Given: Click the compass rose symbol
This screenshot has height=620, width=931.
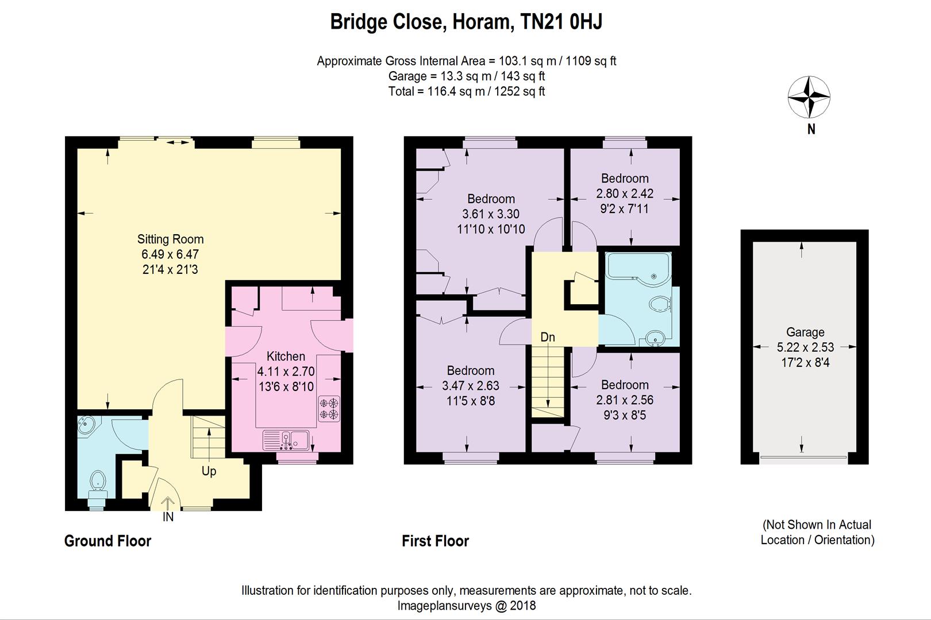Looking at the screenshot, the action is tap(809, 97).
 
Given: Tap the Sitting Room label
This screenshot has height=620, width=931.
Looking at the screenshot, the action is tap(171, 239).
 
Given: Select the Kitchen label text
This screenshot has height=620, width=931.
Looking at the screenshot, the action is tap(286, 356).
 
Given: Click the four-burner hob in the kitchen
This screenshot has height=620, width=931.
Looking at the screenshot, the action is tap(329, 409).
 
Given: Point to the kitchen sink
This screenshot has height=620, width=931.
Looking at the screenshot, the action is tap(286, 440).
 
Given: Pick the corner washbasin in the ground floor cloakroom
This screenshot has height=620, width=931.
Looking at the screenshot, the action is tap(88, 425).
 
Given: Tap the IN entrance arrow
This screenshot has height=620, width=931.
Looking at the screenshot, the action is tap(167, 503).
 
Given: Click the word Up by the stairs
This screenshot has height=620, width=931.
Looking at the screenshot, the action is tap(209, 471).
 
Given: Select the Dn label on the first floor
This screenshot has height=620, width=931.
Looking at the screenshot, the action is tap(547, 337).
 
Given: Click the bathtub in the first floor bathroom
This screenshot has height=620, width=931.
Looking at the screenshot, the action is tap(637, 269).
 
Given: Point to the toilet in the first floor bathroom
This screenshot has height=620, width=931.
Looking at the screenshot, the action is tap(660, 304).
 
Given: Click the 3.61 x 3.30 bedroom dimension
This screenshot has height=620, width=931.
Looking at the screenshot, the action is tap(491, 214).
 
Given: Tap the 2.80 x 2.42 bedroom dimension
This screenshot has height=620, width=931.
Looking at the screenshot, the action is tap(625, 193).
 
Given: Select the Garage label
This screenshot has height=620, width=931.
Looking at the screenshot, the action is tap(805, 332).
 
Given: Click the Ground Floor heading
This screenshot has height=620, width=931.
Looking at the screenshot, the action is tap(107, 541).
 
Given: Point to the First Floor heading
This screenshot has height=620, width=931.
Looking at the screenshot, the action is tap(435, 541).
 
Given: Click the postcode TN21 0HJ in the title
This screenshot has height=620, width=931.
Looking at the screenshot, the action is tap(561, 22).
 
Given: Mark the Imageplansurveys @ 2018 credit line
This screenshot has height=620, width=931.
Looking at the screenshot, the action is tap(466, 606).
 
